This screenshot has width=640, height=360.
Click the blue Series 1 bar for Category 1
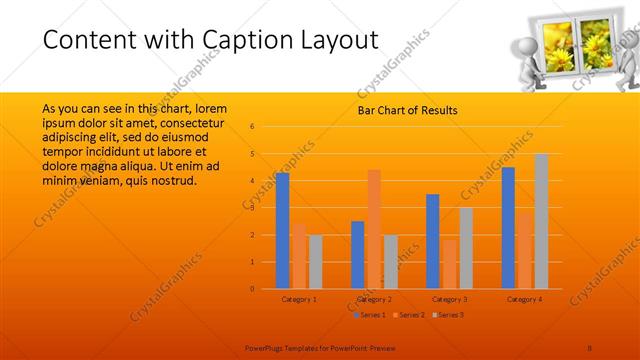(282, 230)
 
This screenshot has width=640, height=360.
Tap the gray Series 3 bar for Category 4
(541, 221)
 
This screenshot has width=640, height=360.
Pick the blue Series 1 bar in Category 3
(432, 241)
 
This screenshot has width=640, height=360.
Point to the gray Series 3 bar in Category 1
(315, 261)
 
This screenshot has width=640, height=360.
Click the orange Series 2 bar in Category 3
(449, 263)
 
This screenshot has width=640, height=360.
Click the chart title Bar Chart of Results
(407, 110)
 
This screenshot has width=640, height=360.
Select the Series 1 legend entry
(370, 315)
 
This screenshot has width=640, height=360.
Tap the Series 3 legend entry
(447, 315)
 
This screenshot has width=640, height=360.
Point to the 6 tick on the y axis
(253, 127)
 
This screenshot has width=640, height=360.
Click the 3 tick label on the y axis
(253, 208)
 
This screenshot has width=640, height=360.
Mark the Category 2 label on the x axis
(374, 299)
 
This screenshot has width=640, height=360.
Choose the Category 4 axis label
(524, 299)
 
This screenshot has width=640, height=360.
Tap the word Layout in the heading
(330, 40)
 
